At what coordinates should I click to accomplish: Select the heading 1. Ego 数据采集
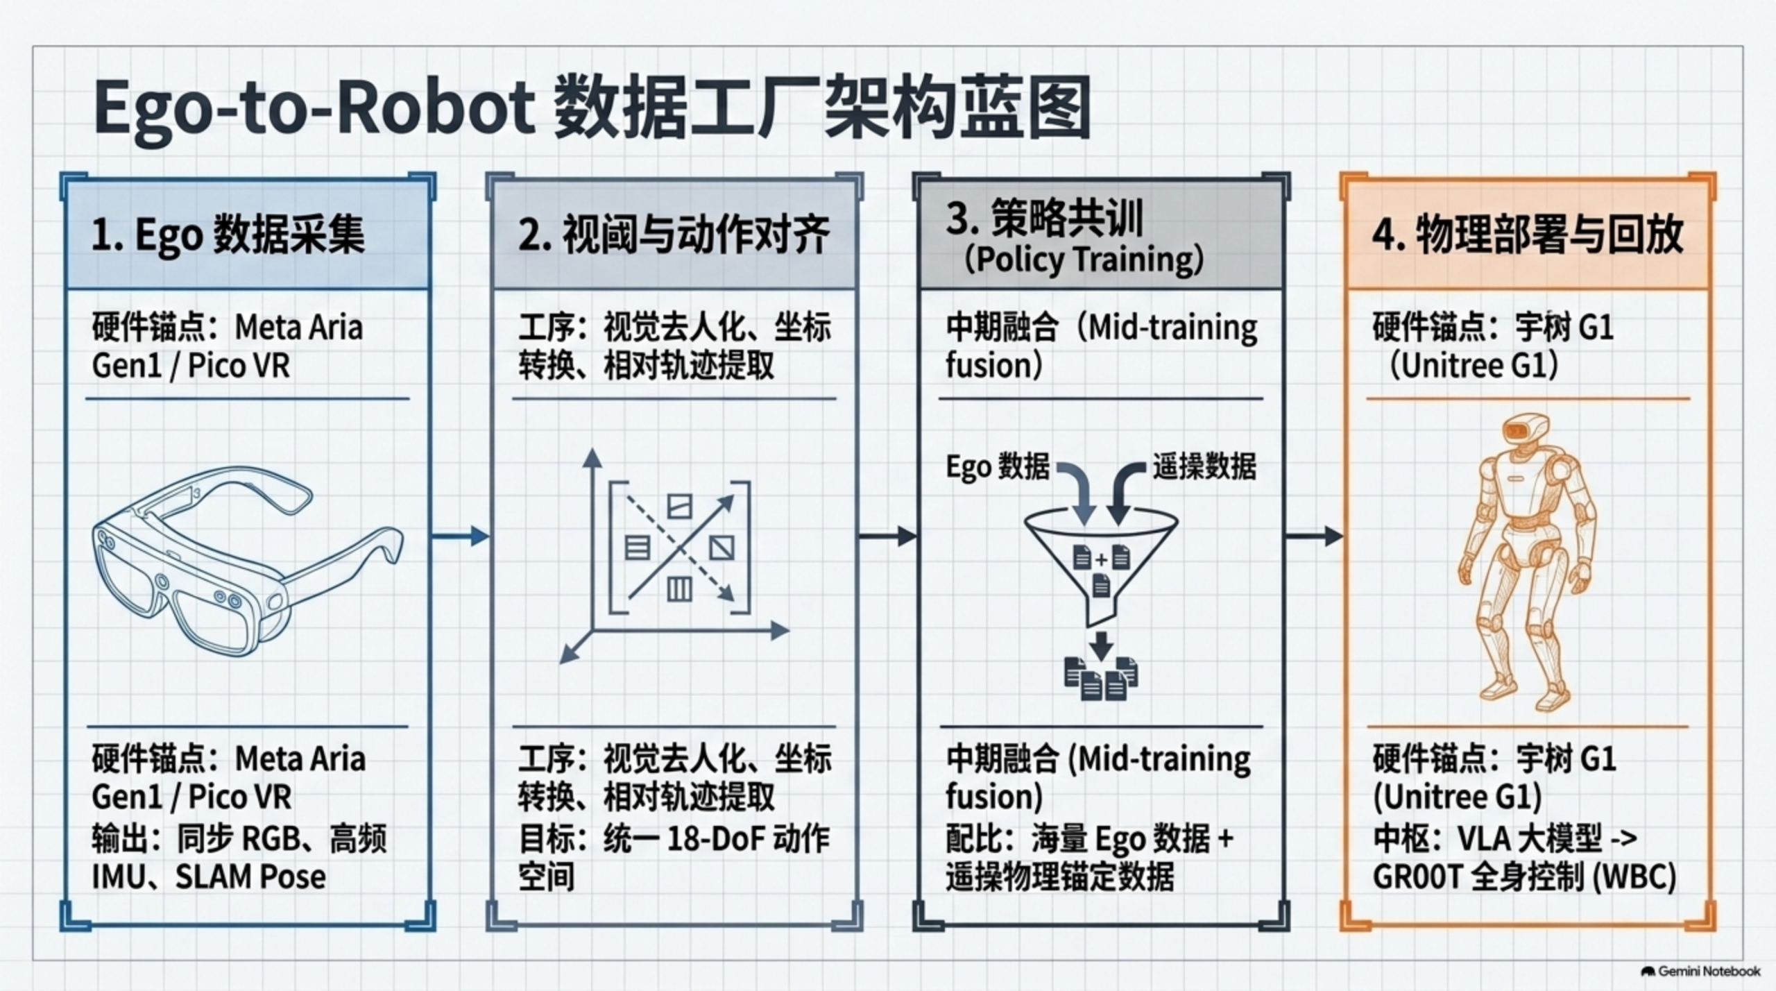coord(228,235)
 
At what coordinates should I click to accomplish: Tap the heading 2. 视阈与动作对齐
coord(674,235)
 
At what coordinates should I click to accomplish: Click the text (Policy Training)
coord(1084,260)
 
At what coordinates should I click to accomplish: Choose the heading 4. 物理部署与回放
coord(1528,234)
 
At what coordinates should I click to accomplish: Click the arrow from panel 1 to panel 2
coord(461,536)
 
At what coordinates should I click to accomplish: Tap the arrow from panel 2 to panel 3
coord(887,536)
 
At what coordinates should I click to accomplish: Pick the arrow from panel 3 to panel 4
coord(1314,536)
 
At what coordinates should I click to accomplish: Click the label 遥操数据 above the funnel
coord(1204,466)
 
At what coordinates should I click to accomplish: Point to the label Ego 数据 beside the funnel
coord(998,467)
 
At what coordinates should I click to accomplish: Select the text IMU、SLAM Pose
coord(209,877)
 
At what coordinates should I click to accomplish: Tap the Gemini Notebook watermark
coord(1701,971)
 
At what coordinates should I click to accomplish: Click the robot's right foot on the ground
coord(1498,688)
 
